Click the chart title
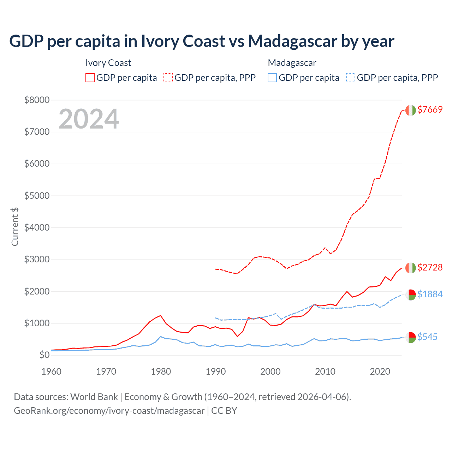tap(202, 41)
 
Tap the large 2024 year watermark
tap(89, 119)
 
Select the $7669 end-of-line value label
tap(430, 109)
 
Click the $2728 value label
tap(430, 267)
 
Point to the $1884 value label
tap(430, 294)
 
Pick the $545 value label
tap(427, 337)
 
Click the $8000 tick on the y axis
tap(37, 100)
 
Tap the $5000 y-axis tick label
tap(37, 196)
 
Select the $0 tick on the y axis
tap(44, 355)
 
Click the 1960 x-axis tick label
tap(52, 371)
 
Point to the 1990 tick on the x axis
tap(216, 371)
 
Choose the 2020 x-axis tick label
tap(380, 371)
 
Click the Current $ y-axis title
tap(15, 227)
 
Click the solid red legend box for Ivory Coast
tap(90, 78)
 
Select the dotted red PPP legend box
tap(168, 78)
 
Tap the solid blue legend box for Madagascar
tap(272, 78)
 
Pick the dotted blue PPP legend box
tap(351, 78)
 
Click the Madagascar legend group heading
tap(292, 63)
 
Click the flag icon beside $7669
tap(410, 110)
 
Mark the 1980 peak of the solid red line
tap(161, 315)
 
